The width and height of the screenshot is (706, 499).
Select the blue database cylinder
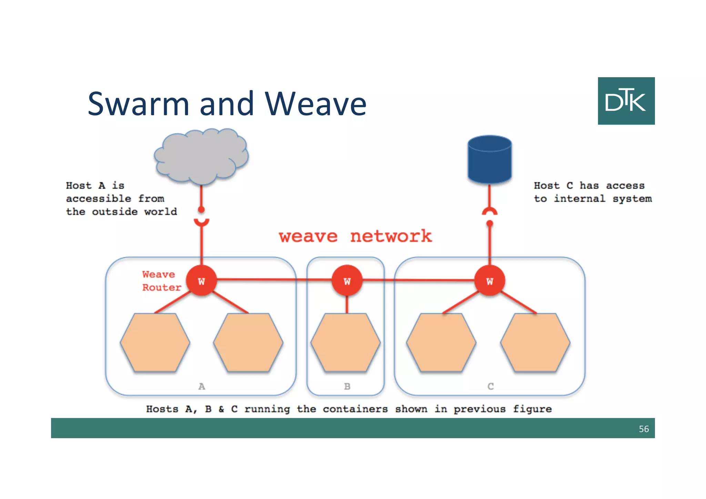coord(490,159)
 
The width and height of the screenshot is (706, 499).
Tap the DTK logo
coord(626,101)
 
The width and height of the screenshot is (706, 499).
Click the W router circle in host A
coord(201,281)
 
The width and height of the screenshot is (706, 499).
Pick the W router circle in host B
coord(347,281)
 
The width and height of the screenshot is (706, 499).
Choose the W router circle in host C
coord(490,281)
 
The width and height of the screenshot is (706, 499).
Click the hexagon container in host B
coord(345,342)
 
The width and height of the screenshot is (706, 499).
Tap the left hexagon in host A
coord(155,342)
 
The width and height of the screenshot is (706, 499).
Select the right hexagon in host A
coord(248,342)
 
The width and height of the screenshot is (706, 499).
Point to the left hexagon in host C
coord(441,342)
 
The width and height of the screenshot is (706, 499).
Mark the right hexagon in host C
coord(535,342)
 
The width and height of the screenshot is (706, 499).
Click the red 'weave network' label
coord(355,237)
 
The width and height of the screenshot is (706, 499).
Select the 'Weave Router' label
coord(161,281)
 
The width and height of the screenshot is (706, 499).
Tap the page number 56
coord(644,429)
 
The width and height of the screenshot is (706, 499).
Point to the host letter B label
coord(347,386)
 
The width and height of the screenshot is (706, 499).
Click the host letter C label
coord(491,386)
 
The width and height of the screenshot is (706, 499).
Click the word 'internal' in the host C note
coord(579,199)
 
